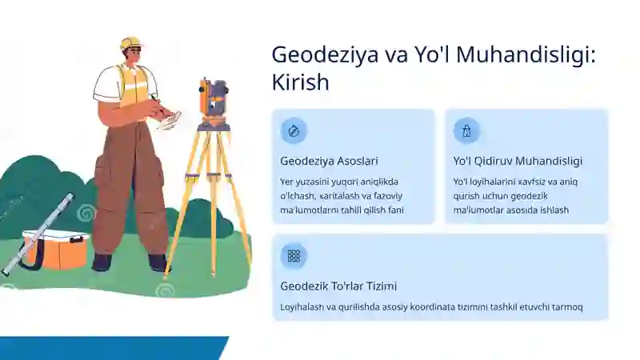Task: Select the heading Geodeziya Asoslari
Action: click(x=329, y=161)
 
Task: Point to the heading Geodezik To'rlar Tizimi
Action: click(x=338, y=286)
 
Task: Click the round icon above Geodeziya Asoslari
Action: click(x=294, y=130)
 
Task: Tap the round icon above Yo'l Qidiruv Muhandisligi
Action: click(x=466, y=130)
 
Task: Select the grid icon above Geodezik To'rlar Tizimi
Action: click(x=294, y=255)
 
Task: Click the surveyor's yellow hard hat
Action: click(x=130, y=42)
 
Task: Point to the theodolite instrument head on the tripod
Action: click(x=213, y=100)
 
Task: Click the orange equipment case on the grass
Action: click(x=54, y=249)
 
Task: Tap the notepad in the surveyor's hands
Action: click(x=169, y=120)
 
